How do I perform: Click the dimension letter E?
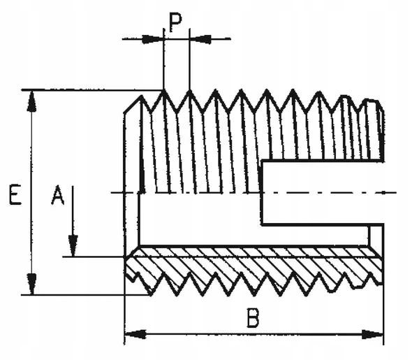tap(13, 195)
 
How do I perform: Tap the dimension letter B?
tap(253, 318)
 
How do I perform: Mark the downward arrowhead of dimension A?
tap(73, 246)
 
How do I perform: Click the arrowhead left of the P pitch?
tap(152, 38)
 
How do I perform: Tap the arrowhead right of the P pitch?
tap(200, 38)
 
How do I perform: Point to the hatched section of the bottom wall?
tap(251, 266)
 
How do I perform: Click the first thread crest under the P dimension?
tap(164, 92)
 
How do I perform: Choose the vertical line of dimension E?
tap(31, 192)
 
